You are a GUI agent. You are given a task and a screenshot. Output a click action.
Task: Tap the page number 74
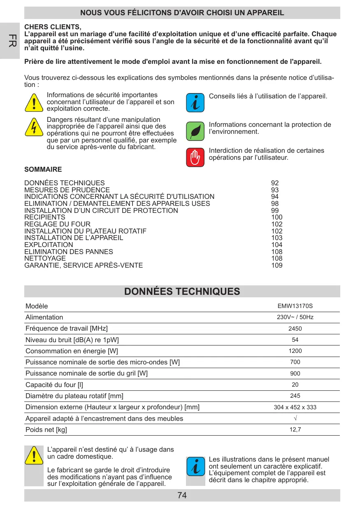point(182,495)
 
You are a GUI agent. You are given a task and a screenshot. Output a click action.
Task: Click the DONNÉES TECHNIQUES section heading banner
point(182,292)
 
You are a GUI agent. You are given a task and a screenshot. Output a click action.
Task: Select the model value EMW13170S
point(295,306)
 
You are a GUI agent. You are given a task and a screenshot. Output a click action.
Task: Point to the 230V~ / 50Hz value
point(295,317)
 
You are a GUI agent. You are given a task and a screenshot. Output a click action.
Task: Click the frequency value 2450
point(295,329)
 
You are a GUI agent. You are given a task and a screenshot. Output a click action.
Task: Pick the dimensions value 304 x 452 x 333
point(295,407)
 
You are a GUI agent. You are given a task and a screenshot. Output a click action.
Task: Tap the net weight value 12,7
point(295,429)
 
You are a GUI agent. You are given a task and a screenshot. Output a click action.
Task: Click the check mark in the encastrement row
point(295,418)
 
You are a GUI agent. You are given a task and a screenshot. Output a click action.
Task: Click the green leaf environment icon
point(195,131)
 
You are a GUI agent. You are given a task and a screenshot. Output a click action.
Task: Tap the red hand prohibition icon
point(195,157)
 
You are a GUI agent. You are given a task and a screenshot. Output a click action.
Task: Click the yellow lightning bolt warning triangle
point(34,128)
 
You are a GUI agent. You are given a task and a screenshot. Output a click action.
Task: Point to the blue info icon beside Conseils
point(195,102)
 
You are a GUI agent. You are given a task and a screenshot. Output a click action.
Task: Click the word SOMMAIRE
point(43,170)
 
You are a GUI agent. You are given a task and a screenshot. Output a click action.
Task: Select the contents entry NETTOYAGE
point(45,258)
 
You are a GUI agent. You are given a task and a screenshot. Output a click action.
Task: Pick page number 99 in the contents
point(275,210)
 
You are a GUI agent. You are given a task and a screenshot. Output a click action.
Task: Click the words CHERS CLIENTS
point(53,28)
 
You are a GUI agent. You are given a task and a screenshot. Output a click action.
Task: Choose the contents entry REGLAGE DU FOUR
point(58,224)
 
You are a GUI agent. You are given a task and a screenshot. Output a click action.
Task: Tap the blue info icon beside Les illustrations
point(195,468)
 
